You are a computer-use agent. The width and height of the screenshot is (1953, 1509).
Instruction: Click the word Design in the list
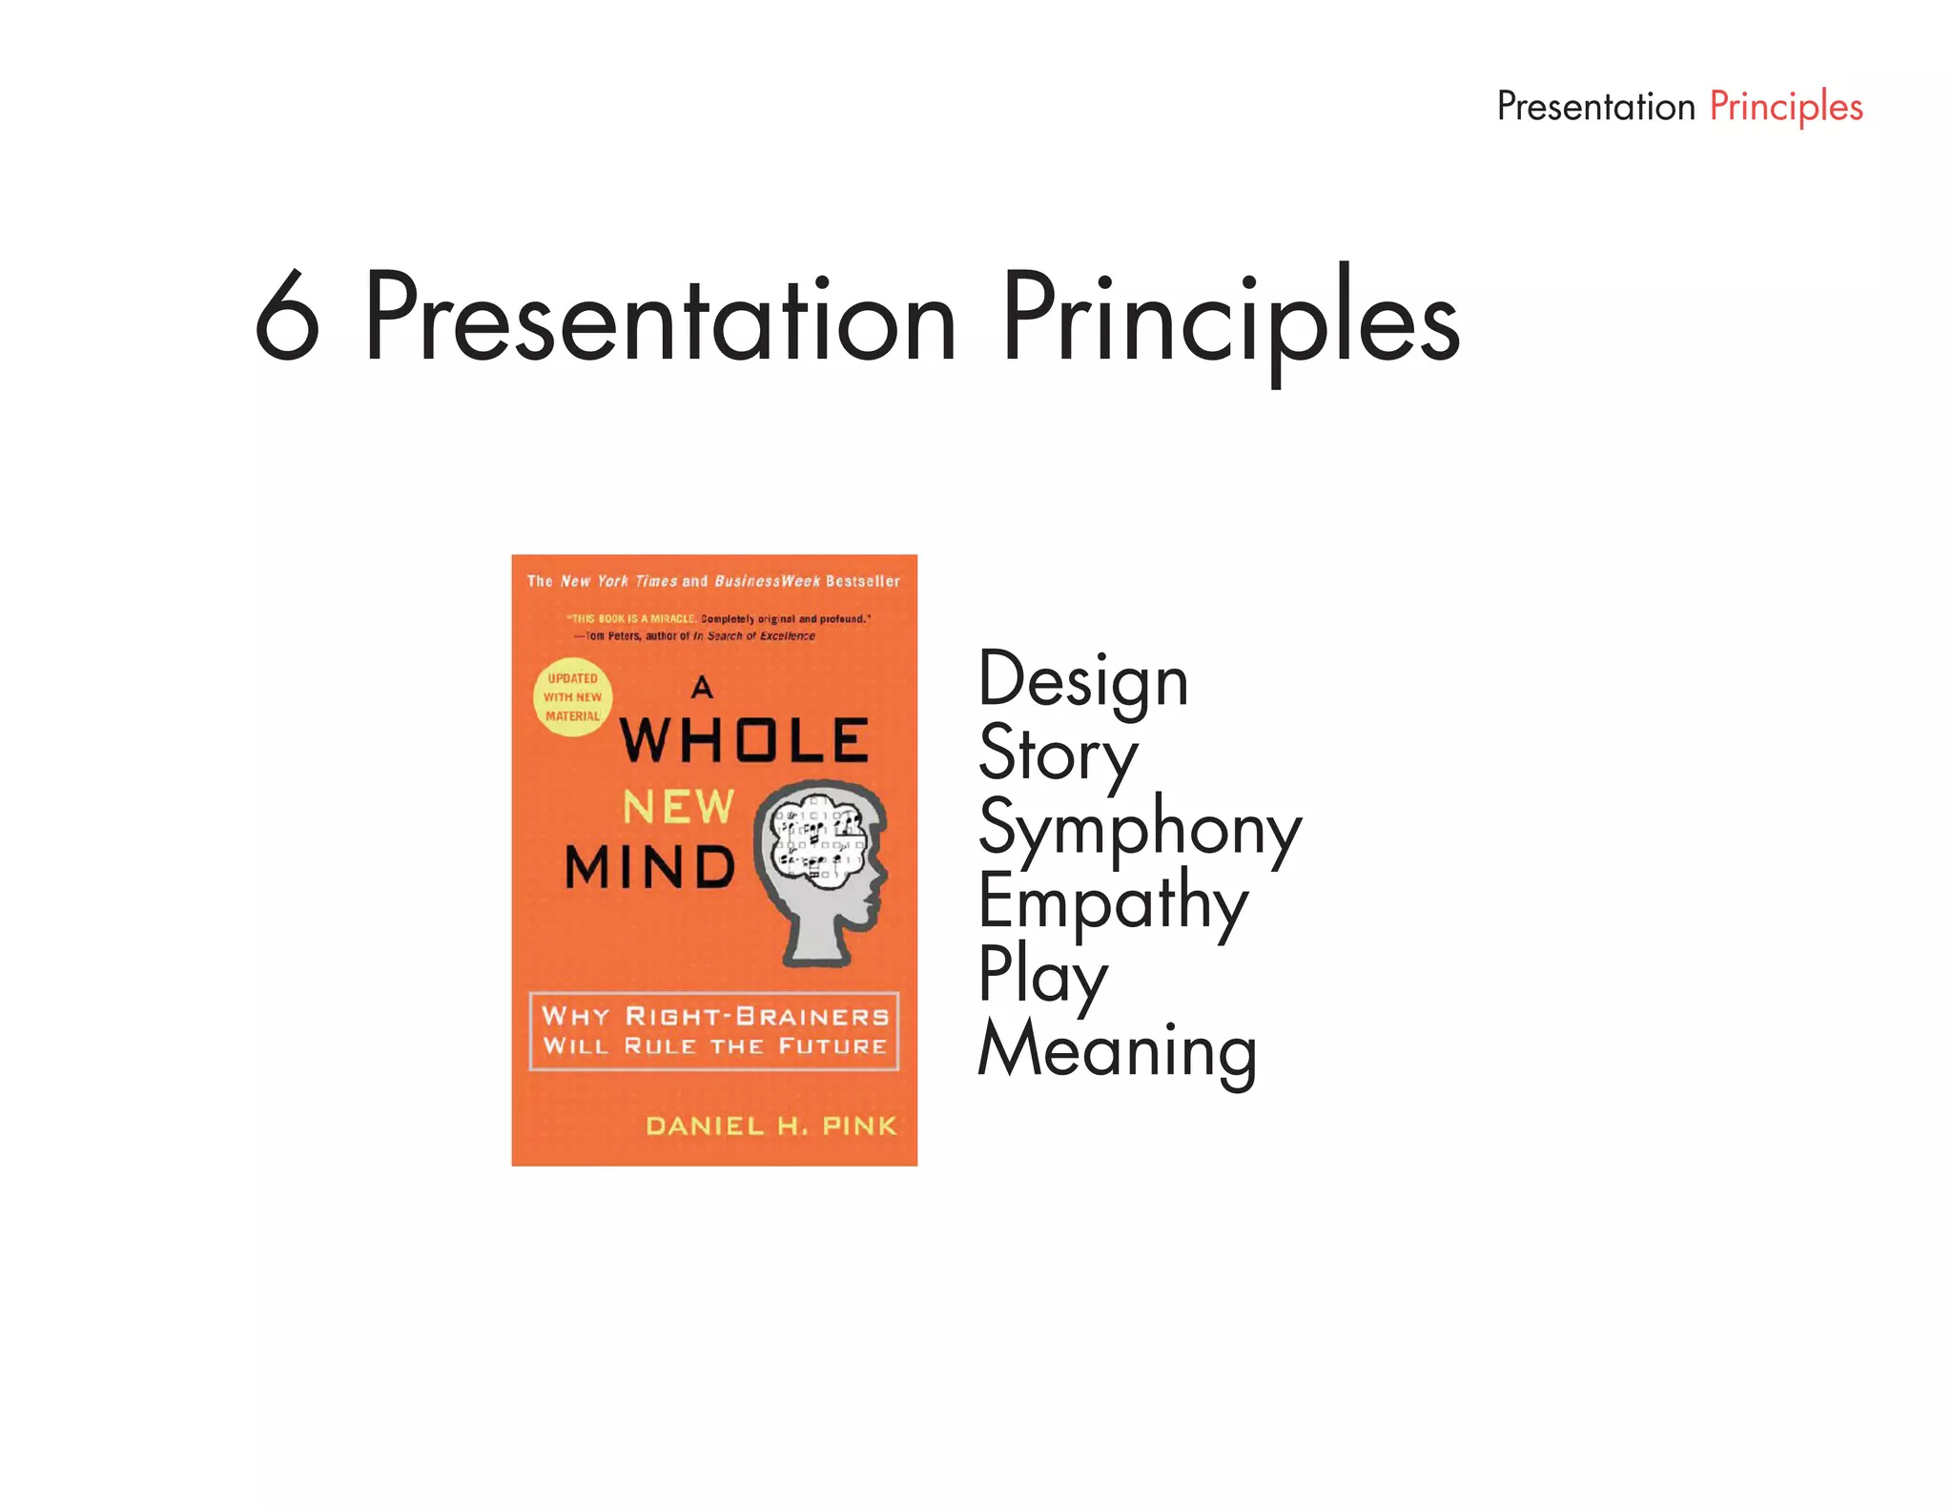click(x=1083, y=681)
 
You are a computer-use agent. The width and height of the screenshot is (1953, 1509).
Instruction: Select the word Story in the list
click(x=1058, y=754)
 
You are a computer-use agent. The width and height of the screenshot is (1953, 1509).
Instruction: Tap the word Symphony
click(x=1140, y=828)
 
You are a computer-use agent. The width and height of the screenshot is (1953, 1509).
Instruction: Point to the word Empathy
click(x=1113, y=901)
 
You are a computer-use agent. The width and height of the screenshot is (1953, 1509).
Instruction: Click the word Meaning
click(x=1118, y=1049)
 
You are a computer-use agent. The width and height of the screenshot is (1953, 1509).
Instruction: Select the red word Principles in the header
click(x=1785, y=107)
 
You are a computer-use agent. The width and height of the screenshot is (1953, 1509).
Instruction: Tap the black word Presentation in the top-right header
click(x=1595, y=106)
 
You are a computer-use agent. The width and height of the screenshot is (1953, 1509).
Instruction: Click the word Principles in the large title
click(x=1230, y=318)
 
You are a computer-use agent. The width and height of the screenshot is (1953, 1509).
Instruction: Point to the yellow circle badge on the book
click(x=572, y=697)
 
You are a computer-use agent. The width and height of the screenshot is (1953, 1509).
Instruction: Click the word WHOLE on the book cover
click(x=744, y=740)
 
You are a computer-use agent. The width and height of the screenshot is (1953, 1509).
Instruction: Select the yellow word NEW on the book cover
click(x=678, y=807)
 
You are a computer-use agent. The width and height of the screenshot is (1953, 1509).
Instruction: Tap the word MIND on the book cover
click(x=650, y=867)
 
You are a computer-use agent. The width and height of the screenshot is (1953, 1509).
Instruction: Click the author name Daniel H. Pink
click(x=771, y=1126)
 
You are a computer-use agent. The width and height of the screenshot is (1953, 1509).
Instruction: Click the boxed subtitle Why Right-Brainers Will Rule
click(x=714, y=1030)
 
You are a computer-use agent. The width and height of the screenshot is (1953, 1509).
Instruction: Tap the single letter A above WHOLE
click(x=702, y=686)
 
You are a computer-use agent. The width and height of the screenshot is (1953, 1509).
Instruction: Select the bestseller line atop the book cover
click(x=713, y=581)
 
